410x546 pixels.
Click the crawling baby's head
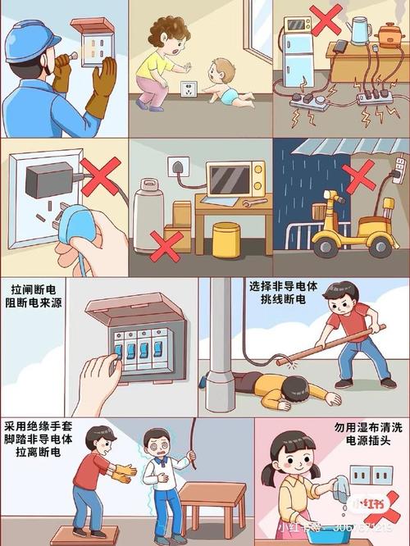point(219,70)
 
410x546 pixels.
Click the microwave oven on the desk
point(235,179)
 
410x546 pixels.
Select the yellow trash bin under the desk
point(226,240)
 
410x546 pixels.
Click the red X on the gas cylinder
point(166,244)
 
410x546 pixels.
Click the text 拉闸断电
point(33,289)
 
